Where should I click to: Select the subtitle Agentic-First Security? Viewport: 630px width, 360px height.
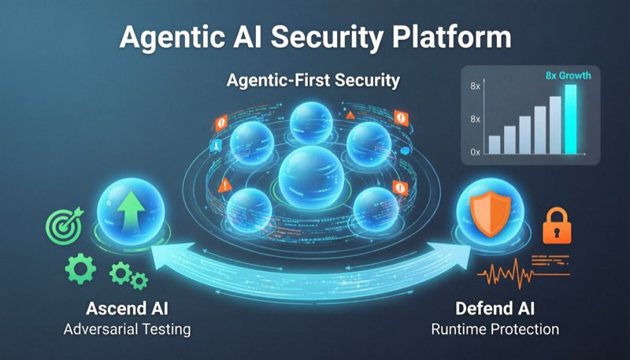coord(313,80)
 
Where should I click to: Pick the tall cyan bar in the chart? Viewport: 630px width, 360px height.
coord(570,118)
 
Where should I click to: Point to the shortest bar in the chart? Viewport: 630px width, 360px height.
coord(495,144)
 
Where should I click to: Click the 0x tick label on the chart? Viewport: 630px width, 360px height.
coord(475,150)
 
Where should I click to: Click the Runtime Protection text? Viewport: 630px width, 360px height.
coord(493,328)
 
